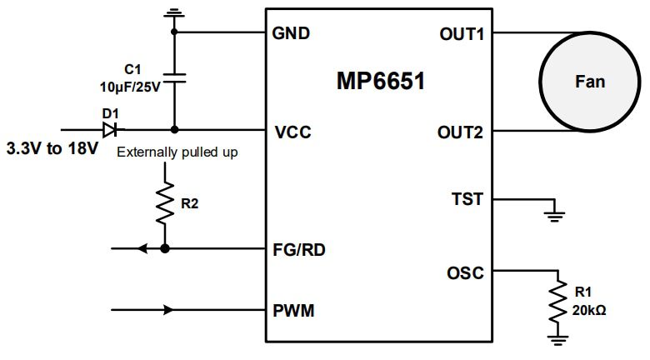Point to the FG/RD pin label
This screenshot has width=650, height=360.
click(301, 248)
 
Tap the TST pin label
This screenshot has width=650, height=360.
click(467, 200)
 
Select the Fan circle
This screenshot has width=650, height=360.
click(589, 82)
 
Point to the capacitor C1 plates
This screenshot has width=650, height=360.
click(174, 79)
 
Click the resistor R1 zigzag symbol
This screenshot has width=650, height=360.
click(556, 305)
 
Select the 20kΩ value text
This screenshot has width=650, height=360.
click(590, 310)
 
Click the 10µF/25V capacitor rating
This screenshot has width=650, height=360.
click(130, 85)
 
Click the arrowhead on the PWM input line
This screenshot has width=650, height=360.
click(170, 311)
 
